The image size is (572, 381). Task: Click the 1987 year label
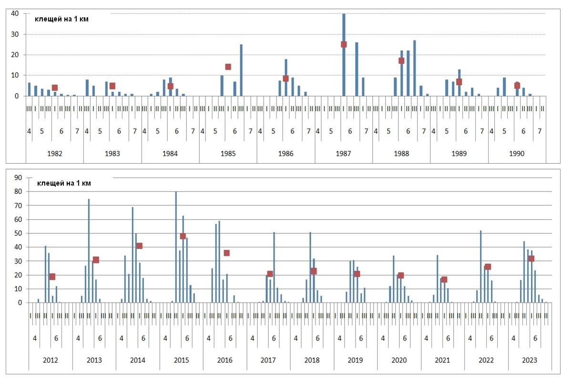343,154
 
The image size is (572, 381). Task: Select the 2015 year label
181,360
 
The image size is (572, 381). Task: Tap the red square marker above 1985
228,67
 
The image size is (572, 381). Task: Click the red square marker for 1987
344,44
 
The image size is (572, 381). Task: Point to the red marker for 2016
227,253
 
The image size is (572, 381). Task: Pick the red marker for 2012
52,277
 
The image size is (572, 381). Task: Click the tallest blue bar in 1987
344,54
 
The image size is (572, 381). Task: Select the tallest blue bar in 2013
89,251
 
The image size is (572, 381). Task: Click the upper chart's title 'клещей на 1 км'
61,19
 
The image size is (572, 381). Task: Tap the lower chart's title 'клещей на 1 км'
61,183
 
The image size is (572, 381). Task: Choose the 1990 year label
517,154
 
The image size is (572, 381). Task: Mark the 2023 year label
530,360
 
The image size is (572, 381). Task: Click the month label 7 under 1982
77,131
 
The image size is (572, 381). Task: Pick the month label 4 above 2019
340,338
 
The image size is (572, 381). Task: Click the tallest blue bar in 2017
274,267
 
